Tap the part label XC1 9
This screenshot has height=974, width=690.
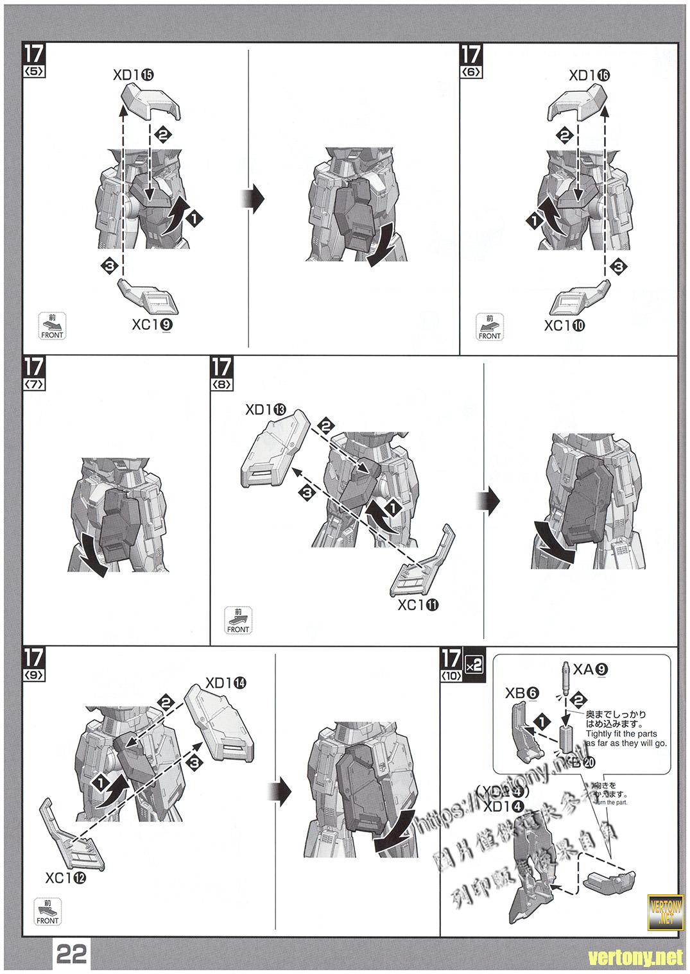(152, 325)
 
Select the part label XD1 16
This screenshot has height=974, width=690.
(589, 75)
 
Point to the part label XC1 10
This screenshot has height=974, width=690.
(565, 325)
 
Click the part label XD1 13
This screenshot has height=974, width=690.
(266, 409)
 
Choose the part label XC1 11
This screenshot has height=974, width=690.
(418, 604)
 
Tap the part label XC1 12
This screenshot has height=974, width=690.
(65, 877)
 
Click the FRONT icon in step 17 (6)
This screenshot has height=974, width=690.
(490, 327)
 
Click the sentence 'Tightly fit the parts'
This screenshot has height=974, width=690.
(621, 733)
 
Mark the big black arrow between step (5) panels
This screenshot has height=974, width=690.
(255, 200)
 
